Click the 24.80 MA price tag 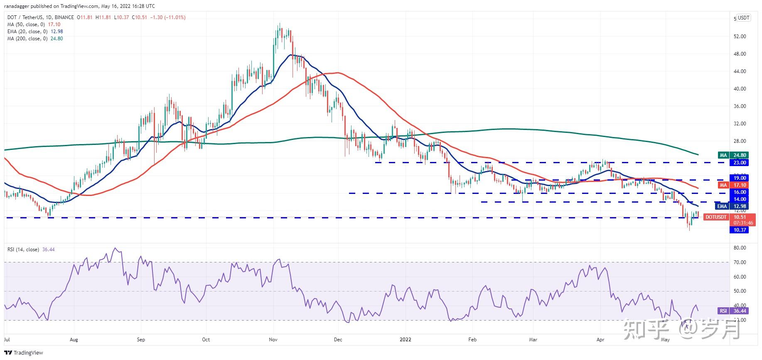pos(739,155)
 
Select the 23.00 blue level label pos(739,163)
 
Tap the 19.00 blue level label pos(739,178)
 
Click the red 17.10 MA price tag pos(739,185)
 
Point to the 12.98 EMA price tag pos(739,206)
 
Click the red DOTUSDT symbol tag pos(716,217)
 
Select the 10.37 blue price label pos(739,230)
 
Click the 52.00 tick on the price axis pos(740,37)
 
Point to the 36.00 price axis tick pos(740,106)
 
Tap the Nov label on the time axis pos(273,340)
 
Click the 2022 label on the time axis pos(405,340)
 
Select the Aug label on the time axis pos(74,340)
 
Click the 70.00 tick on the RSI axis pos(740,262)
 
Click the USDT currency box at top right pos(743,18)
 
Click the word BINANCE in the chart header pos(64,17)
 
